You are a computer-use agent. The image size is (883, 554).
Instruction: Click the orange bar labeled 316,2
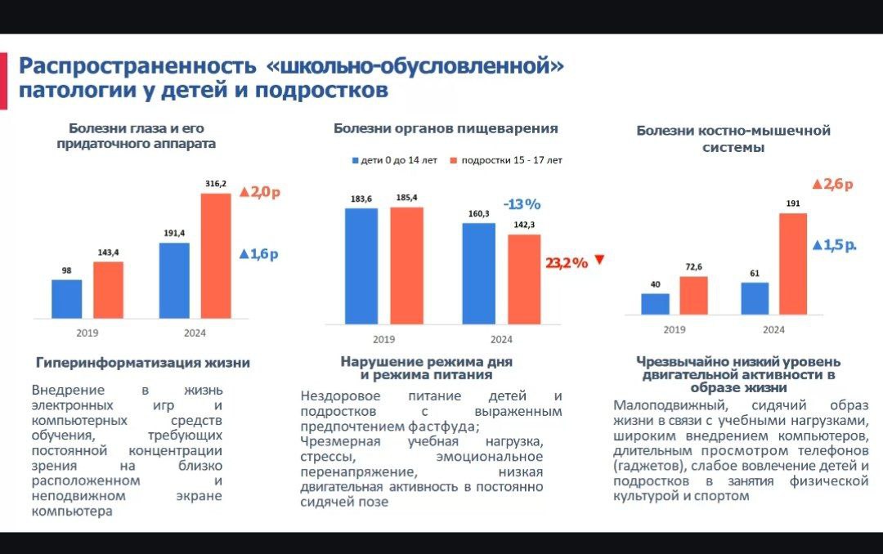click(216, 255)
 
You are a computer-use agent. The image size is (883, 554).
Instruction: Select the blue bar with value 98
click(67, 298)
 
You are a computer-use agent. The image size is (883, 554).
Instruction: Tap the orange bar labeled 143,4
click(108, 289)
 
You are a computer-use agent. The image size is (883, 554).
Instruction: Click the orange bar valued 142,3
click(524, 279)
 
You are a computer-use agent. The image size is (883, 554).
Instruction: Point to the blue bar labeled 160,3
click(478, 273)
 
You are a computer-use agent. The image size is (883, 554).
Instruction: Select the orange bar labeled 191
click(792, 263)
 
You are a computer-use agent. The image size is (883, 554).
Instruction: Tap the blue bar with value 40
click(655, 304)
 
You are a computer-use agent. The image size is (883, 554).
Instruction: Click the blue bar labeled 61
click(755, 298)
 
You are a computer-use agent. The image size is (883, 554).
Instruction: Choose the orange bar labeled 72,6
click(693, 295)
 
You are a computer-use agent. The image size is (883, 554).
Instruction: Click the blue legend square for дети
click(356, 160)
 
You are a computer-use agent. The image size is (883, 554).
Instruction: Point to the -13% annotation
click(522, 203)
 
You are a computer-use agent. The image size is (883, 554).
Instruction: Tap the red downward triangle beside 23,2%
click(599, 260)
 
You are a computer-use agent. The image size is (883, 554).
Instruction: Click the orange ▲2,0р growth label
click(259, 193)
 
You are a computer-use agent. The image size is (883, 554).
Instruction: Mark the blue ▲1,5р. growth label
click(834, 245)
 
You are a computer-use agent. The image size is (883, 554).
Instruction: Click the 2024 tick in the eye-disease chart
click(195, 333)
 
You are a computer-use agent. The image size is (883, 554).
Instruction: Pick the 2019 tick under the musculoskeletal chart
click(675, 329)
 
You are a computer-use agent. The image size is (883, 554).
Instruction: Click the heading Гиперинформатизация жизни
click(143, 362)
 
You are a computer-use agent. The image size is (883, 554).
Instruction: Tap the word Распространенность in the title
click(137, 65)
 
